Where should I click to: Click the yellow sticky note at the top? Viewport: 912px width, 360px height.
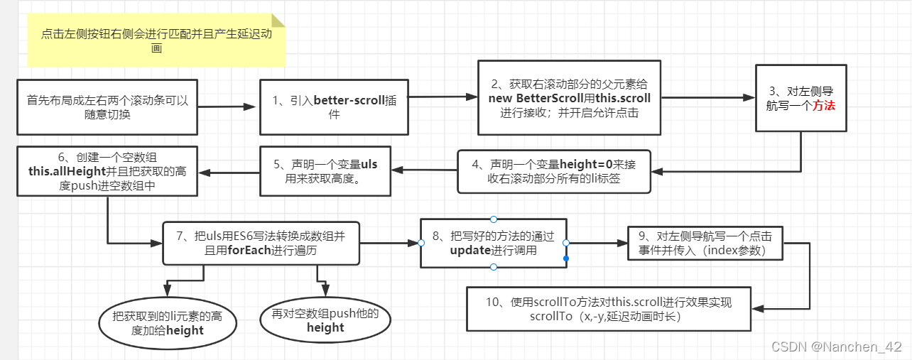click(156, 40)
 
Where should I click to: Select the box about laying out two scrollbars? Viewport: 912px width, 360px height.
click(107, 107)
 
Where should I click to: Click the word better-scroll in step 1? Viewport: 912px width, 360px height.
click(349, 100)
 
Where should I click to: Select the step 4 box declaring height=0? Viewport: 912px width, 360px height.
click(553, 171)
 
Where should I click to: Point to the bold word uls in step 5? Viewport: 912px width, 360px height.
click(369, 165)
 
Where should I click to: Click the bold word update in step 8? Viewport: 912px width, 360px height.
click(470, 250)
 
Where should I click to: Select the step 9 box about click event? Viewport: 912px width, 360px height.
click(707, 244)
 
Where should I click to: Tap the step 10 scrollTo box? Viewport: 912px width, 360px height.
click(608, 309)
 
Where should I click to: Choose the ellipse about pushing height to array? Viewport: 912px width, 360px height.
click(325, 320)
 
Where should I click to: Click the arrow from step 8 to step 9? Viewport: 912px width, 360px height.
click(597, 243)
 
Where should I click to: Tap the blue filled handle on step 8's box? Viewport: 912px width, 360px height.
click(566, 258)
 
